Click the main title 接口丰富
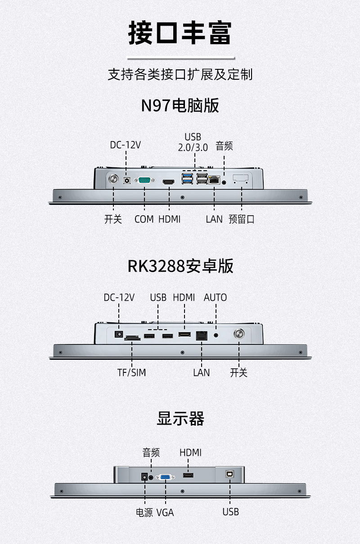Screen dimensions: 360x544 tap(180, 32)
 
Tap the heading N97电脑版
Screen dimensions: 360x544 tap(180, 106)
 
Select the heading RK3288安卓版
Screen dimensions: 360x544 tap(180, 266)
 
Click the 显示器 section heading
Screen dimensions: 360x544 tap(180, 418)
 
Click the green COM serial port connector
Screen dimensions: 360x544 tap(145, 180)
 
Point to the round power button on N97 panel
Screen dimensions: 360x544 tap(113, 179)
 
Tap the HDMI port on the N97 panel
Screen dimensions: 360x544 tap(168, 181)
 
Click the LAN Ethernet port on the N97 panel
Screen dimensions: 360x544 tap(214, 180)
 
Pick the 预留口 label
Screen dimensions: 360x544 tap(241, 219)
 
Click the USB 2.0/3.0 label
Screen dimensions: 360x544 tap(193, 142)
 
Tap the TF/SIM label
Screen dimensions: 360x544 tap(131, 372)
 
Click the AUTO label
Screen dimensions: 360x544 tap(215, 298)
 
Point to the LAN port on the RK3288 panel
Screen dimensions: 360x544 tap(202, 335)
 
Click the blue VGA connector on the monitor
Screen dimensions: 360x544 tap(165, 477)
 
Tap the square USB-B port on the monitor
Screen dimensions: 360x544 tap(229, 474)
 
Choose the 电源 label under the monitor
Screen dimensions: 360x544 tap(144, 512)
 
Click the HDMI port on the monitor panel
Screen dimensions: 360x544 tap(188, 475)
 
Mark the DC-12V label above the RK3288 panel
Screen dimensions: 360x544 tap(119, 298)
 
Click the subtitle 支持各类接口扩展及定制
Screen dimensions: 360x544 tap(180, 74)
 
